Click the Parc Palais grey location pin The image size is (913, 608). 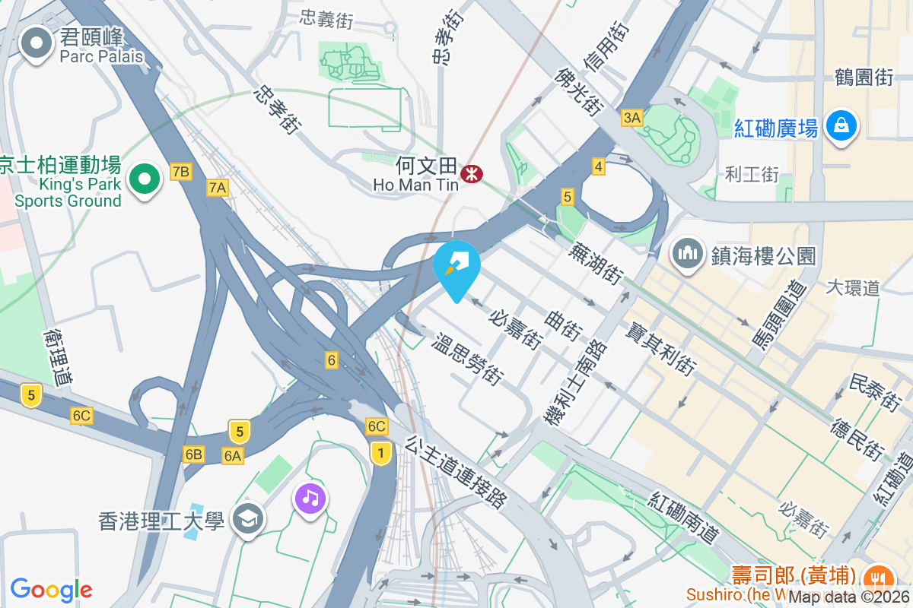37,43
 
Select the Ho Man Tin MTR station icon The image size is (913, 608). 472,174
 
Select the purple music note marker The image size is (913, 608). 310,499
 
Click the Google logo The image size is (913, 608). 51,589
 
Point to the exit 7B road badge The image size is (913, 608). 180,172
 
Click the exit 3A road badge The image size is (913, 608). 632,117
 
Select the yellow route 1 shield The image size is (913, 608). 381,453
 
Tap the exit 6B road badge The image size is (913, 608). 193,454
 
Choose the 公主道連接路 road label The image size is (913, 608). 456,471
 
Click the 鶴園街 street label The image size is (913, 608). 864,76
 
